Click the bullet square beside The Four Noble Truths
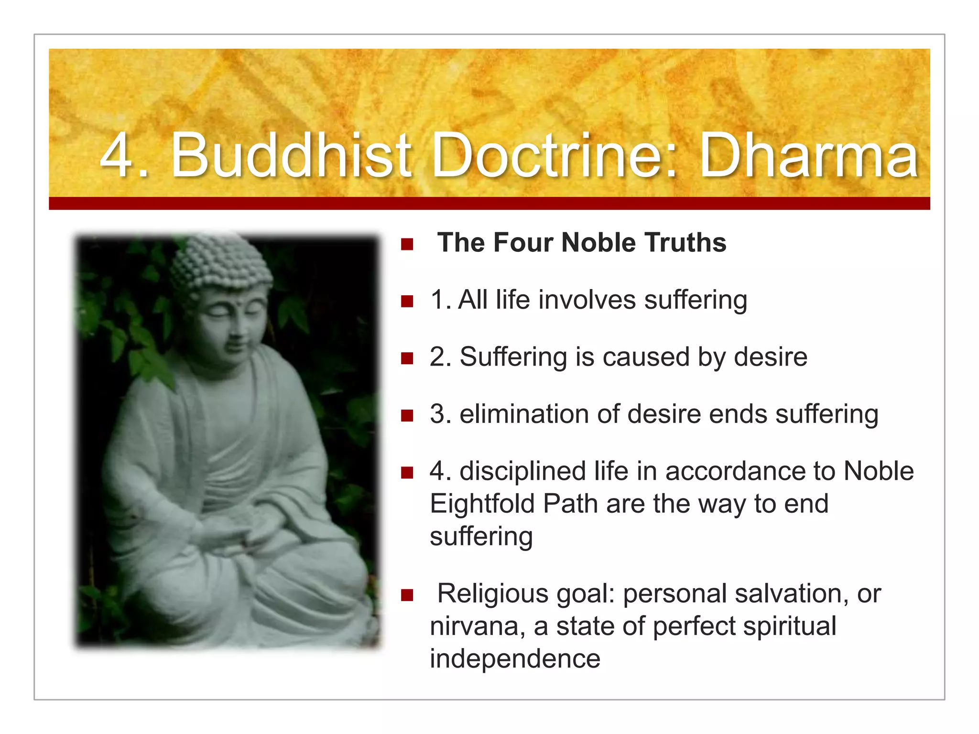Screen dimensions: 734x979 [407, 245]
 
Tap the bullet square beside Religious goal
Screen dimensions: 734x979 [407, 595]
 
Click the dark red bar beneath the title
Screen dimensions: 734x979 [489, 204]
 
